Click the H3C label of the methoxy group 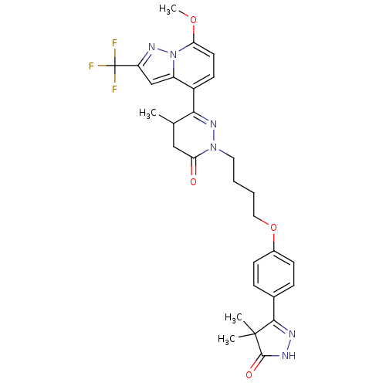click(168, 9)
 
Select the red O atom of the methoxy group click(193, 20)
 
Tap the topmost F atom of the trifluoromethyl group click(114, 43)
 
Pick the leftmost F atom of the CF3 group click(91, 66)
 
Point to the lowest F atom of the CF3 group click(114, 89)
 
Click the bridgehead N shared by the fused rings click(174, 55)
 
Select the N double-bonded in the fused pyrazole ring click(152, 47)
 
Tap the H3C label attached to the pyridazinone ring click(148, 113)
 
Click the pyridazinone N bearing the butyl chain click(213, 147)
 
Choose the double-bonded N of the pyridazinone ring click(213, 124)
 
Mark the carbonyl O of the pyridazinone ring click(193, 181)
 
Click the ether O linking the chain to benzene click(273, 228)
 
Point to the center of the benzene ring click(273, 273)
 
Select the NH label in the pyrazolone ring click(289, 356)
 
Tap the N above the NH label click(292, 334)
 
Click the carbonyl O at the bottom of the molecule click(249, 374)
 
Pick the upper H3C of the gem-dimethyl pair click(234, 318)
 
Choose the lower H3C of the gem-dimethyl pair click(227, 339)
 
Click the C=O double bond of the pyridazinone click(194, 167)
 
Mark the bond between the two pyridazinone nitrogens click(213, 136)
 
